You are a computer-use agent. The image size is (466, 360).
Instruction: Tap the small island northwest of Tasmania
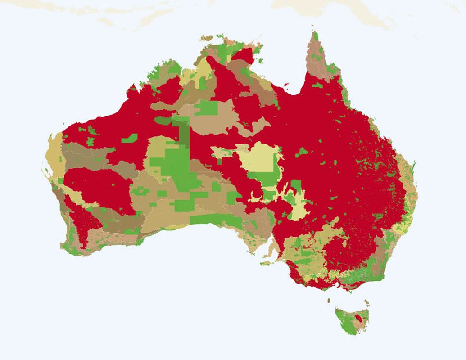329,300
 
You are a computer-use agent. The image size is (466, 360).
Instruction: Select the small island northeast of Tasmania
367,302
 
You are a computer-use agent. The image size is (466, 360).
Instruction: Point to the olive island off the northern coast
206,38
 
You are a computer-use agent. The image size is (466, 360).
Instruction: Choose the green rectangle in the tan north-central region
206,108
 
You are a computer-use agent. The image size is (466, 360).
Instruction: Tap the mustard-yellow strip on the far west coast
54,153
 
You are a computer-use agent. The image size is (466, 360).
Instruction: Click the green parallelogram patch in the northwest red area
129,138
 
